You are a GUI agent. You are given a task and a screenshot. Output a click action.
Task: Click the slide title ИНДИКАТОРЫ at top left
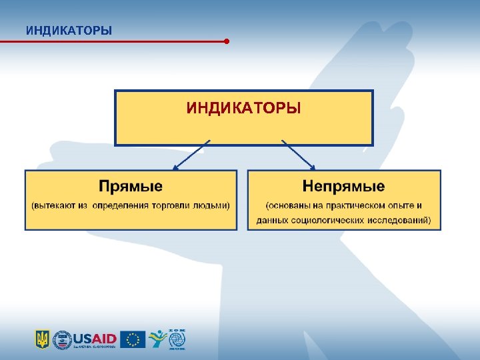pos(69,31)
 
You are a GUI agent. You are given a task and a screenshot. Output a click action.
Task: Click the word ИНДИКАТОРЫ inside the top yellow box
pos(244,107)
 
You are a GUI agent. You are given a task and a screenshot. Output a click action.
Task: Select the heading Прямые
pos(131,185)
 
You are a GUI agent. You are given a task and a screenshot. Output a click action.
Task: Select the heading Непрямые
pos(343,185)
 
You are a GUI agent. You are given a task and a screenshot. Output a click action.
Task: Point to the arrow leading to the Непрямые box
pos(299,155)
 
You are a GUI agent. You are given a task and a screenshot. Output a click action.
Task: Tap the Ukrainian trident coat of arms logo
pos(42,339)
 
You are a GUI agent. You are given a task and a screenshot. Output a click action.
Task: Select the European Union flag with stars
pos(133,339)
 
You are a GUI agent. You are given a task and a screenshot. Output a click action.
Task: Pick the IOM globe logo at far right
pos(177,339)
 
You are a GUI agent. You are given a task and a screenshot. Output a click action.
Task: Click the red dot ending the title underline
pos(227,41)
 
